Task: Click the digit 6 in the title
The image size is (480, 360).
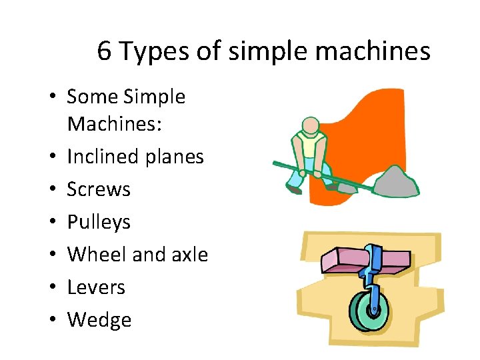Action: click(x=105, y=51)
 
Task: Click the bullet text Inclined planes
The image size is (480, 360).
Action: click(x=135, y=157)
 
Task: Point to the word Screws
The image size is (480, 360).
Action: click(x=99, y=189)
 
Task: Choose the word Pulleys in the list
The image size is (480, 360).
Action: click(x=99, y=222)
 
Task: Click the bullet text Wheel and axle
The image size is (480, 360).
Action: click(x=138, y=255)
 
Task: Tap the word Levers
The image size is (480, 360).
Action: click(x=96, y=287)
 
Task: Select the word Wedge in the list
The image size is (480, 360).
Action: click(x=99, y=320)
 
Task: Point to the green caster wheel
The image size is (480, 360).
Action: click(x=366, y=311)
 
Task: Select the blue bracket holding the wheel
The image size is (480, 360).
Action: click(x=373, y=273)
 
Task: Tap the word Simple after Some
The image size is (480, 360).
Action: click(x=155, y=97)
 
